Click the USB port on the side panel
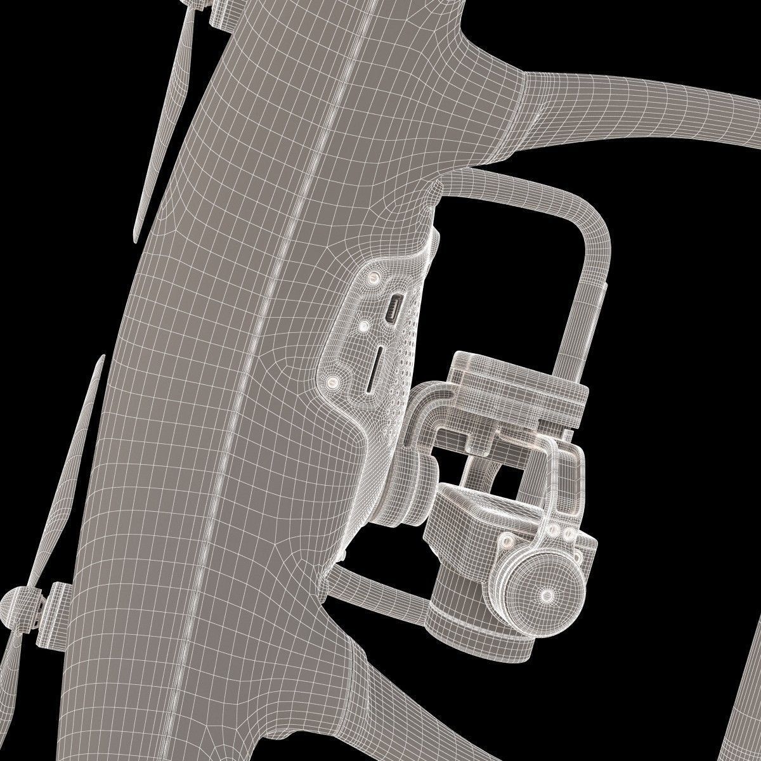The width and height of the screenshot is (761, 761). (x=394, y=310)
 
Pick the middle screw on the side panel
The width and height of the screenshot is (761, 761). (x=364, y=326)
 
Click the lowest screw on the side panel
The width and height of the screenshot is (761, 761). (x=330, y=381)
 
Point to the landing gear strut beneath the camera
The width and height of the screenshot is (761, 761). (x=380, y=587)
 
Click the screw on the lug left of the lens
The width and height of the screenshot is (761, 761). (x=507, y=542)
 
